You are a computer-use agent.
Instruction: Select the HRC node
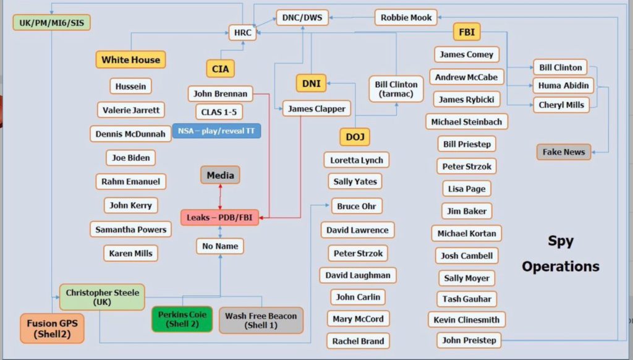point(242,32)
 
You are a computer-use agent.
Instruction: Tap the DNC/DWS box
point(302,18)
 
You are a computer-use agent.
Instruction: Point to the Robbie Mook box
point(406,17)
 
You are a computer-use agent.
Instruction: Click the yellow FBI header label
point(467,31)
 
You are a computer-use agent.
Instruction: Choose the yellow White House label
point(130,59)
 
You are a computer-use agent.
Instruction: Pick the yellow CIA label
point(220,69)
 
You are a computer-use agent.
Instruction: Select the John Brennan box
point(220,94)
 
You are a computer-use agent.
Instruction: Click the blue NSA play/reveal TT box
point(216,131)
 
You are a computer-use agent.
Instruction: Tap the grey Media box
point(220,175)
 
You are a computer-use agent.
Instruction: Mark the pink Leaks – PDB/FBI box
point(220,217)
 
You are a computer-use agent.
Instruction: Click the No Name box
point(220,246)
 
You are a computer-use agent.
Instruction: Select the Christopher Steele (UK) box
point(102,297)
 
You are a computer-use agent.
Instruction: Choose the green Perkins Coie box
point(182,319)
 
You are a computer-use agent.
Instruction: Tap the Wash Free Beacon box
point(261,320)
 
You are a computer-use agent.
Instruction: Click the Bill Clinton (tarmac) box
point(396,89)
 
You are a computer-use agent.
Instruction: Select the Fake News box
point(563,152)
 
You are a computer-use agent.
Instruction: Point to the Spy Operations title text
point(560,254)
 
